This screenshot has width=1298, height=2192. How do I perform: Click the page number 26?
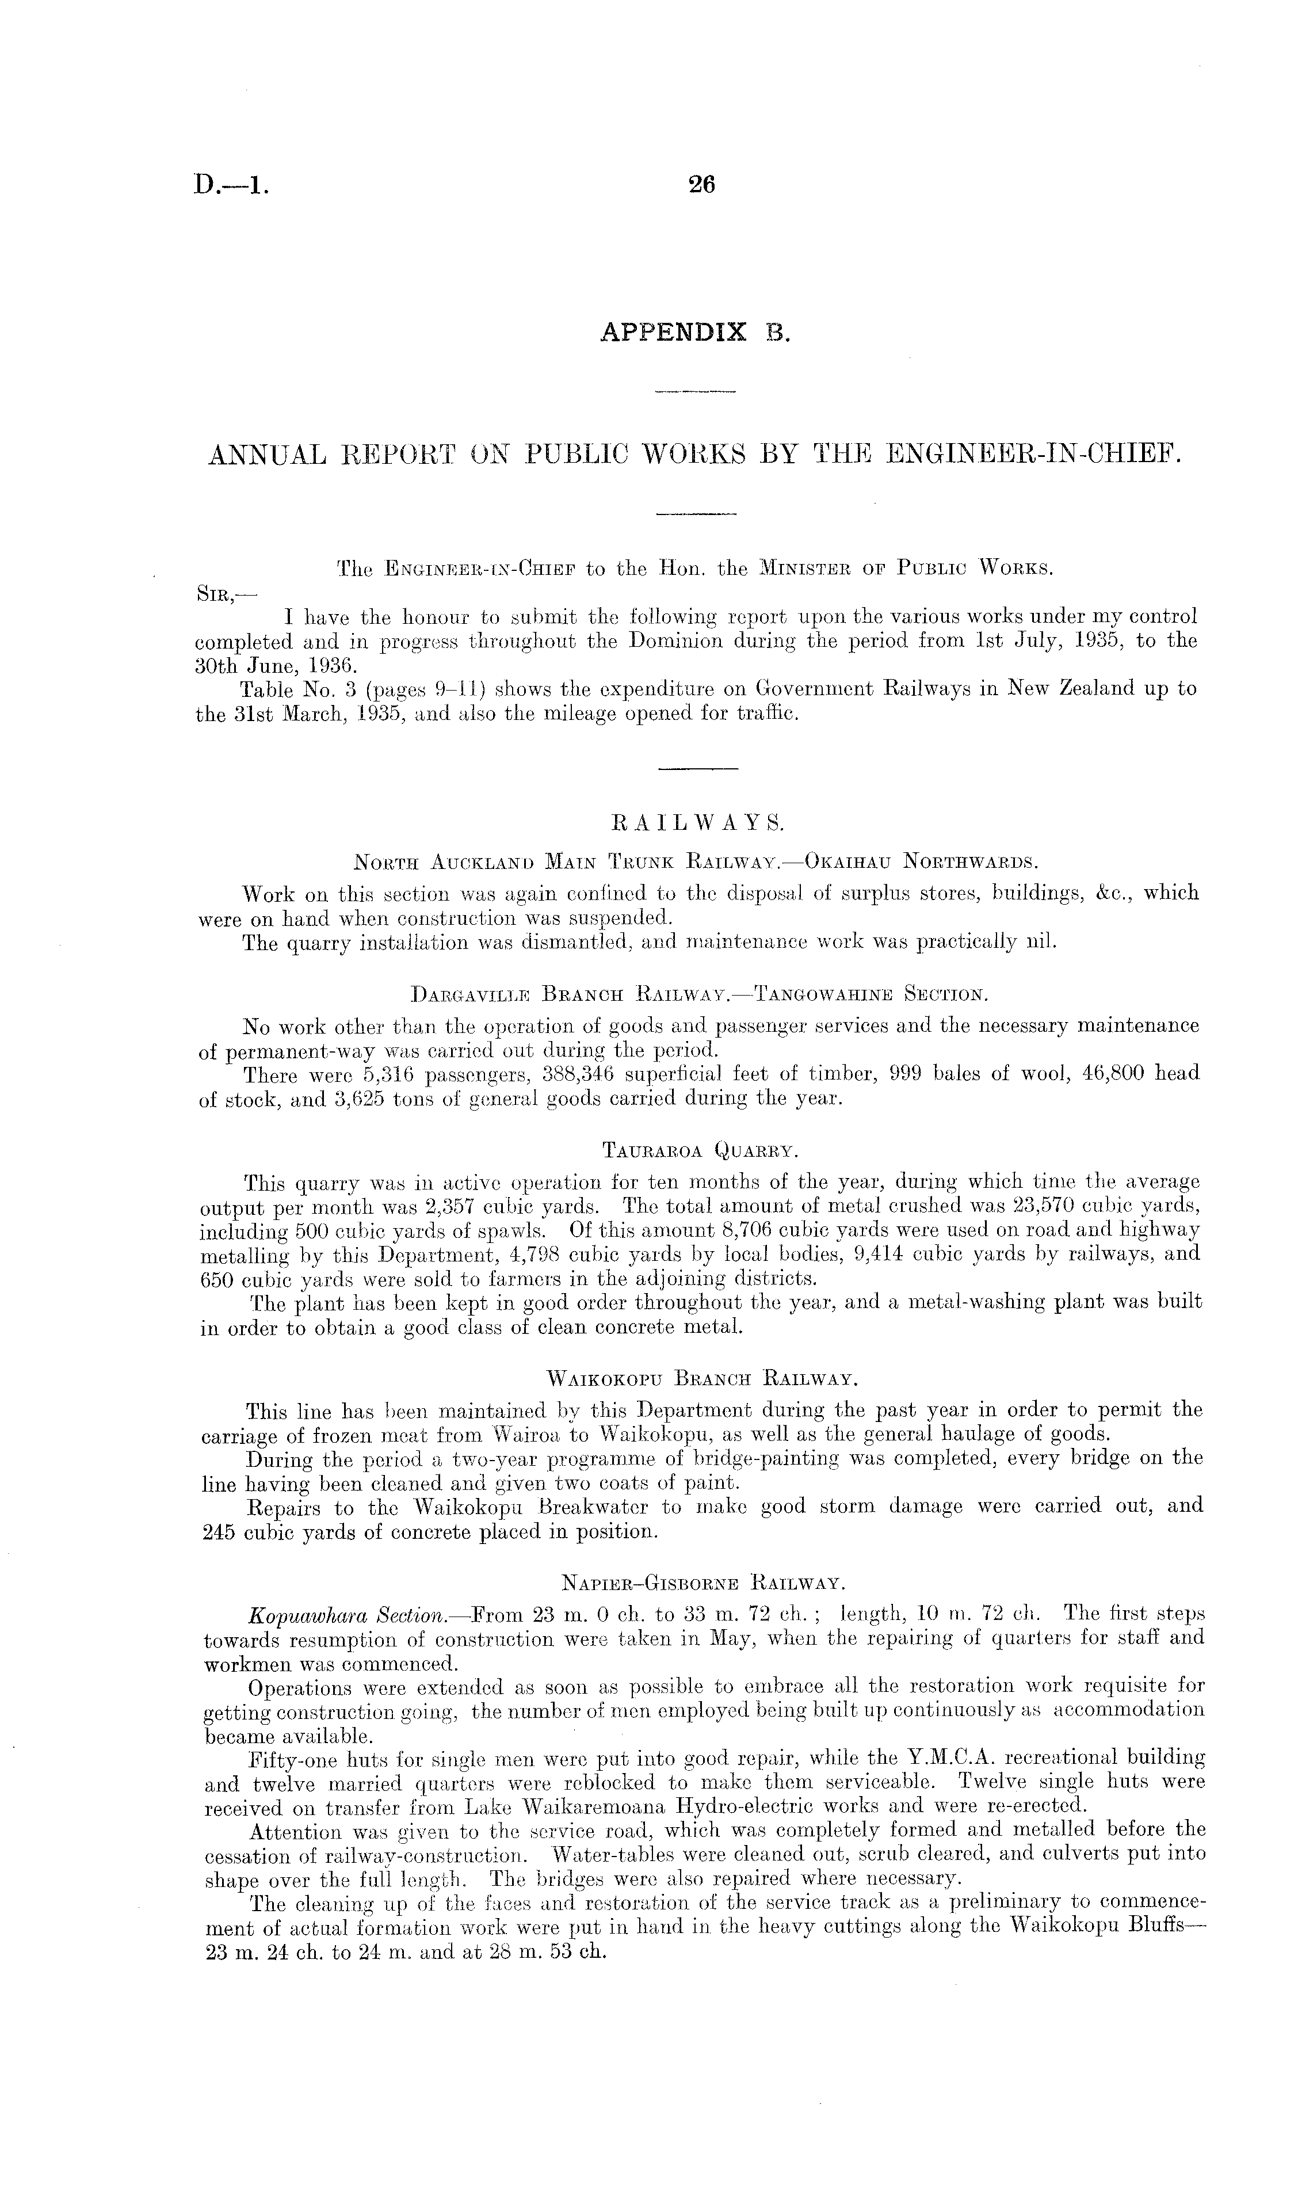coord(701,185)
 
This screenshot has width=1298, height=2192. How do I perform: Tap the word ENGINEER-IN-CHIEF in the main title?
coord(1033,455)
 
